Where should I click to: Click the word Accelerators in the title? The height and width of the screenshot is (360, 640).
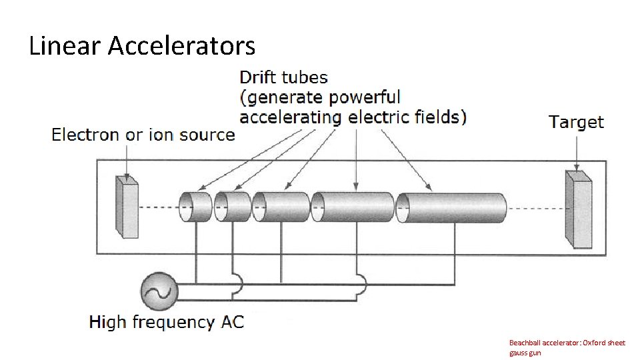click(x=181, y=46)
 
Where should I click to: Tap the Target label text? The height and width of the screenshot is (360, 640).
click(x=576, y=122)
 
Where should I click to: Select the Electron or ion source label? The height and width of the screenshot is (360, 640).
click(x=143, y=135)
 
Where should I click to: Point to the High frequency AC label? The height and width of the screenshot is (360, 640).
click(x=167, y=323)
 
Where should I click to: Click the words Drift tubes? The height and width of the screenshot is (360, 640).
click(x=283, y=77)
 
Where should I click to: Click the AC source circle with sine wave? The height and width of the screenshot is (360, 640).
click(x=159, y=290)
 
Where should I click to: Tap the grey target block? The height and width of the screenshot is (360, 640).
click(x=578, y=209)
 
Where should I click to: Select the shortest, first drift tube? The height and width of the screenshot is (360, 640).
click(x=195, y=207)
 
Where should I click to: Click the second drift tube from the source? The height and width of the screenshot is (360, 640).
click(x=233, y=207)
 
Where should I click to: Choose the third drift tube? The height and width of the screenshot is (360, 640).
click(x=281, y=207)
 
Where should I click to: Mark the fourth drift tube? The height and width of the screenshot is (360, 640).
click(x=353, y=207)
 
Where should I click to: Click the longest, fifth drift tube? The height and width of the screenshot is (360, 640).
click(x=451, y=207)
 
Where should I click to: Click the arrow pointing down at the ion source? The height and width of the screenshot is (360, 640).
click(x=127, y=160)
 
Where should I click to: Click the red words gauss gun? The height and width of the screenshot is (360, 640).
click(x=525, y=353)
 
